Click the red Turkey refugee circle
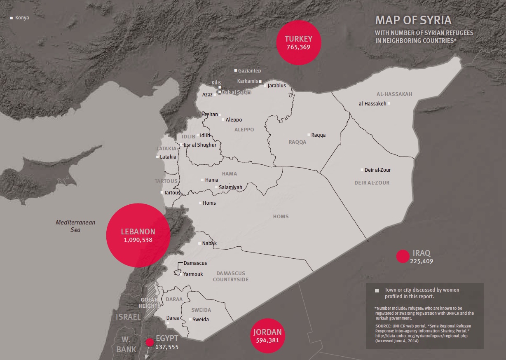299,42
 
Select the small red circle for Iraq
403,256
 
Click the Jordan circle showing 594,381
267,336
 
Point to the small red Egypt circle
150,341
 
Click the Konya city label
22,18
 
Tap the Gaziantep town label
249,71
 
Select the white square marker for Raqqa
309,135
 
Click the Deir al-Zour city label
377,170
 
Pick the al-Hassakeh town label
372,104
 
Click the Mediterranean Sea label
75,226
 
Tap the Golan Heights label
149,303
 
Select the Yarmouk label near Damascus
193,274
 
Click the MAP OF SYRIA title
413,20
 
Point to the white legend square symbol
377,290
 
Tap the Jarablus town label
276,86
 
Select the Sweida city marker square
190,319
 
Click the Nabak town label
209,243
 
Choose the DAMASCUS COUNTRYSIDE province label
230,276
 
